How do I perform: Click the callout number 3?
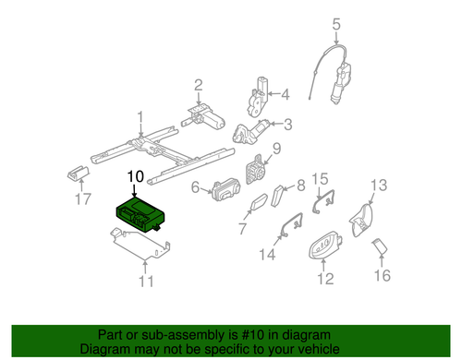pos(288,125)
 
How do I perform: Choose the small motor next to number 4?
pos(261,95)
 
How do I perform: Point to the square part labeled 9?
pos(255,173)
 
